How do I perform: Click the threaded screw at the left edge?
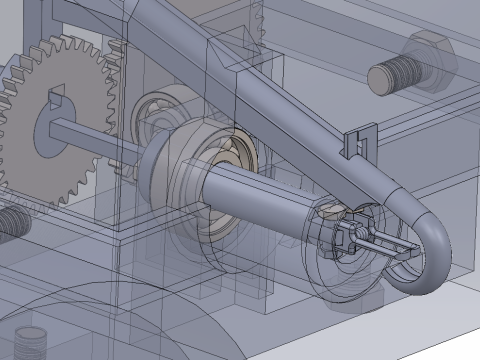(10, 221)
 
